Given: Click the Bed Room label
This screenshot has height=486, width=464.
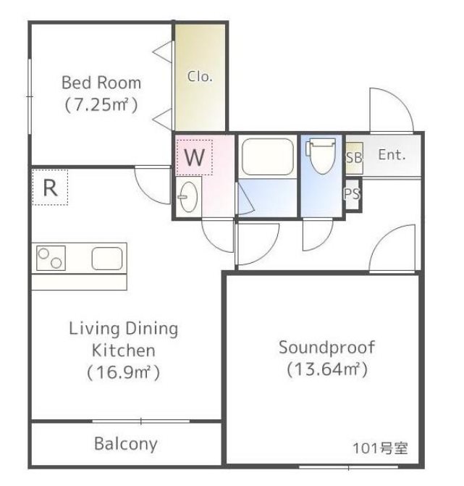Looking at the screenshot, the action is click(101, 83).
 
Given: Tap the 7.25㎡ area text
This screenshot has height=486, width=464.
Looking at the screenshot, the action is click(101, 104).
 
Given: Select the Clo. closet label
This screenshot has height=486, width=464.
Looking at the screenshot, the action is click(200, 76).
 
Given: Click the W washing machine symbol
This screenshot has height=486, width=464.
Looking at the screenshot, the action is click(194, 157).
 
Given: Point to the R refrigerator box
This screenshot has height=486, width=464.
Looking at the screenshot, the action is click(50, 187).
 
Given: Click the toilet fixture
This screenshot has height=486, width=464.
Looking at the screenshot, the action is click(321, 156).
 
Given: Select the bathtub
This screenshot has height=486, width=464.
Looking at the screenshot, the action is click(268, 157).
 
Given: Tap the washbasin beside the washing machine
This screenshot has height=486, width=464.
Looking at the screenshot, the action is click(189, 197).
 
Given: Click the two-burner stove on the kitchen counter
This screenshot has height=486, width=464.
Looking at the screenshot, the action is click(51, 258).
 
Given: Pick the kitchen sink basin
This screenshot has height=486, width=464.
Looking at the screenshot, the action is click(107, 258).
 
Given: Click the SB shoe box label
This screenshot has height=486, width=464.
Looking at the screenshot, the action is click(354, 158).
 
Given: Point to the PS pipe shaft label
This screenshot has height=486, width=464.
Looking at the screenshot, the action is click(353, 194).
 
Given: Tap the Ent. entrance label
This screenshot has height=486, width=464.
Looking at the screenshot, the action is click(392, 154).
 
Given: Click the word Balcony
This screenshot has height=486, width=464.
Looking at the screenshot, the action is click(126, 444).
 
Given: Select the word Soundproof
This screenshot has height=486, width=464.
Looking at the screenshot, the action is click(326, 348).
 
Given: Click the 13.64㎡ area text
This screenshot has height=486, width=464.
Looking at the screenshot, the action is click(327, 369).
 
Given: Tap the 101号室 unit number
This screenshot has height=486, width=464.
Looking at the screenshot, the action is click(380, 448).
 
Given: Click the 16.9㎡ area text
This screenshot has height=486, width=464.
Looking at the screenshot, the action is click(123, 372).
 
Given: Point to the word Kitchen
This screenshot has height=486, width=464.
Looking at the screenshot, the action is click(124, 351).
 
